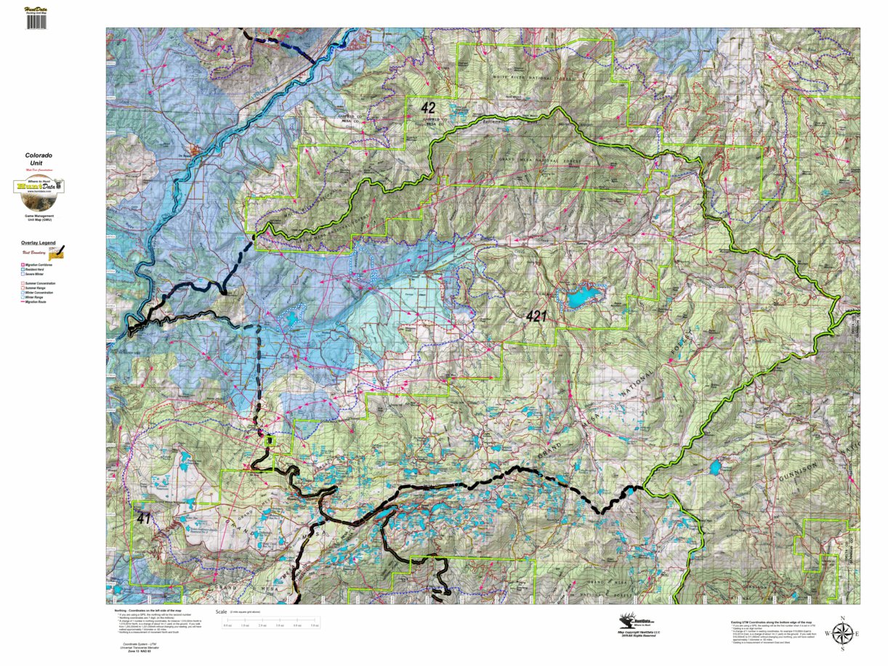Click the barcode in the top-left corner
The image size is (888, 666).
pyautogui.click(x=36, y=22)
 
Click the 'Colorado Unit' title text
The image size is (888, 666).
pyautogui.click(x=39, y=159)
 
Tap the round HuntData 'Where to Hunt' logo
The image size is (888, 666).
pyautogui.click(x=39, y=187)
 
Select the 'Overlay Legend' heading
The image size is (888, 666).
pyautogui.click(x=38, y=243)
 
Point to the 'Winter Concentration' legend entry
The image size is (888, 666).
pyautogui.click(x=43, y=292)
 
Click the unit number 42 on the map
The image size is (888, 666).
pyautogui.click(x=429, y=107)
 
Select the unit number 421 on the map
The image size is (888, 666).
pyautogui.click(x=538, y=317)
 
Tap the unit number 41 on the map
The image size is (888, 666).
pyautogui.click(x=142, y=519)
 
